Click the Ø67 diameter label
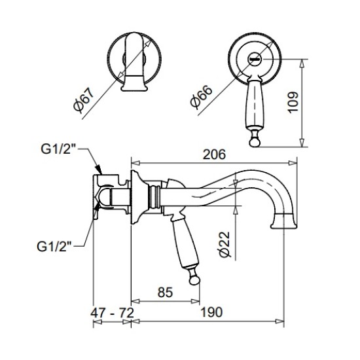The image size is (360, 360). pos(84,100)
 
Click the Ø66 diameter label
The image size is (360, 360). pos(201,96)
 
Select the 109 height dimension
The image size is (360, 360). pos(293,102)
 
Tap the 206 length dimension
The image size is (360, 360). pos(214,154)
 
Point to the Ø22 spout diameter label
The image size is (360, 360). pos(224,244)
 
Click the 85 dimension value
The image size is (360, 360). pos(165,293)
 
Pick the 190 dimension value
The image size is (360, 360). pos(211,312)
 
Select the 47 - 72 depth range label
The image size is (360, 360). pos(112,313)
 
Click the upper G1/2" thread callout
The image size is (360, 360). pos(58,149)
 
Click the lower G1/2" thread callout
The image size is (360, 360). pos(54,247)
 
